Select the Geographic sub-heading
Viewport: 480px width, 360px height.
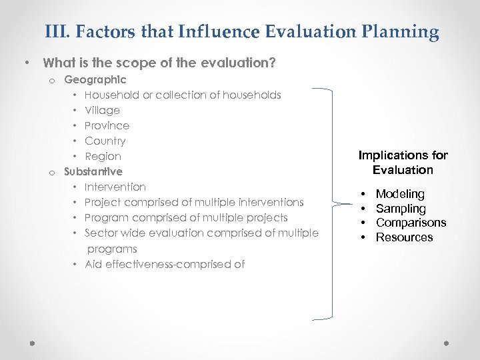95,79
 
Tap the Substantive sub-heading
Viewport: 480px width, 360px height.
93,171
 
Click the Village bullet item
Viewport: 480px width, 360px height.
102,110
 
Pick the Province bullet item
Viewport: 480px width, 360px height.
107,125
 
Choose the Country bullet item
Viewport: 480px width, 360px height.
105,141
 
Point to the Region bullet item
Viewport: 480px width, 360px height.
103,156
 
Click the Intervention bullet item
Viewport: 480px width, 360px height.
115,187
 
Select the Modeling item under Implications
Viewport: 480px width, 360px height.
400,194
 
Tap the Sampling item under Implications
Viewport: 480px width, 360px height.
401,209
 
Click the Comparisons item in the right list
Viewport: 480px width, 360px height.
411,223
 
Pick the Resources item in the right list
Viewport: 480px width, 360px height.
404,237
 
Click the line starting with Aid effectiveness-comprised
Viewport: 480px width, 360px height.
164,264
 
